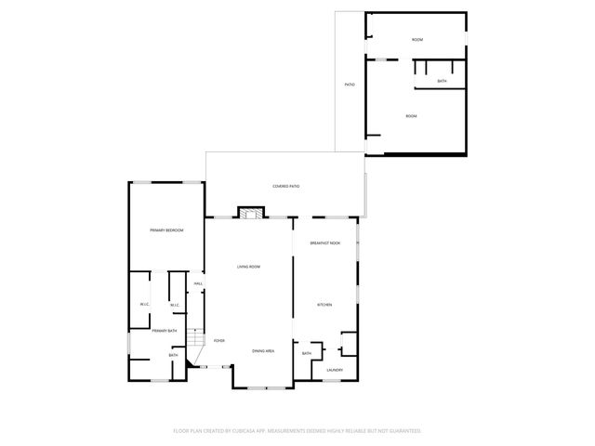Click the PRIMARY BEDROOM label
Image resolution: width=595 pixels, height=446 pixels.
pyautogui.click(x=166, y=230)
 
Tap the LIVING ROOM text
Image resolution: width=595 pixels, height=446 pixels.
pyautogui.click(x=248, y=267)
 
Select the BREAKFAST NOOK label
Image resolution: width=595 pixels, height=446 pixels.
pyautogui.click(x=325, y=243)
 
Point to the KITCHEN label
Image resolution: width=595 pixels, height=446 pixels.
pyautogui.click(x=324, y=305)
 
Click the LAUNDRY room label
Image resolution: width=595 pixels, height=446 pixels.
pyautogui.click(x=335, y=370)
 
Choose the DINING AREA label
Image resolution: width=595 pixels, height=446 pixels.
pyautogui.click(x=263, y=350)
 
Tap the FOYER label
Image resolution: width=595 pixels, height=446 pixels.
pyautogui.click(x=219, y=341)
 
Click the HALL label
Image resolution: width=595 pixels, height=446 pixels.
pyautogui.click(x=198, y=283)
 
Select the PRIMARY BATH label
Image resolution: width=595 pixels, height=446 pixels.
pyautogui.click(x=165, y=331)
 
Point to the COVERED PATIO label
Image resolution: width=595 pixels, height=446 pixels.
pyautogui.click(x=285, y=187)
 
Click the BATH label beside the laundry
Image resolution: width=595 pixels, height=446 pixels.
pyautogui.click(x=307, y=353)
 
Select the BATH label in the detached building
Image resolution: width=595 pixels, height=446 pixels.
pyautogui.click(x=443, y=82)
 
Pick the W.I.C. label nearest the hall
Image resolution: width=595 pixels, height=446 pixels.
pyautogui.click(x=175, y=305)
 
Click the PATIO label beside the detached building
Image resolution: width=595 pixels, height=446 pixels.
pyautogui.click(x=350, y=85)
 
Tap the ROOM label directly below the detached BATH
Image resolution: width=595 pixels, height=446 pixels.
pyautogui.click(x=411, y=116)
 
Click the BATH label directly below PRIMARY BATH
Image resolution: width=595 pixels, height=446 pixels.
pyautogui.click(x=173, y=355)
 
